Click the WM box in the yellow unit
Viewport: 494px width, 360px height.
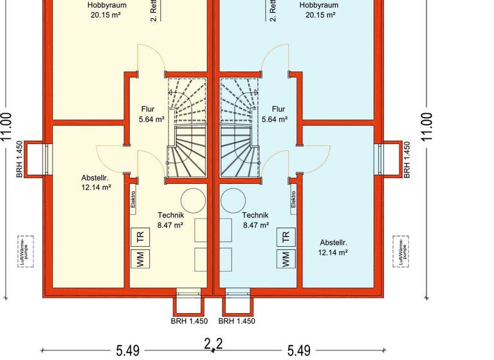[139, 259]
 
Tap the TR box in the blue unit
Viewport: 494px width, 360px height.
[286, 237]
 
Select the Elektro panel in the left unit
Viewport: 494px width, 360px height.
[133, 202]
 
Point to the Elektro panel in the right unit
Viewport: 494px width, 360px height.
[293, 202]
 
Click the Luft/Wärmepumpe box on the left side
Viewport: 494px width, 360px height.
[26, 251]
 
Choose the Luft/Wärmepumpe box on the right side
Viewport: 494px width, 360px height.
[401, 251]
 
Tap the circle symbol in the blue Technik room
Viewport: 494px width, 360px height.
[233, 201]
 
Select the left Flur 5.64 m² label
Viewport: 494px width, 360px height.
[152, 114]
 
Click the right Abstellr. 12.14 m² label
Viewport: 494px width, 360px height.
[333, 248]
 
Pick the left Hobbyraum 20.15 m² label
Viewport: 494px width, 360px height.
[107, 10]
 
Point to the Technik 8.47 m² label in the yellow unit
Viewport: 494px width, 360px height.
[171, 221]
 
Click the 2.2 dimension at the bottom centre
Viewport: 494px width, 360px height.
[214, 344]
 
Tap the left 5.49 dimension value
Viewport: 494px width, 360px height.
[127, 351]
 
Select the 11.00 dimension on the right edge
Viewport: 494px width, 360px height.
[427, 127]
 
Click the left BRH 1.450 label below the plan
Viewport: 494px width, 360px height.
[189, 321]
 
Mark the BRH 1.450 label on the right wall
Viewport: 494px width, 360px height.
[407, 159]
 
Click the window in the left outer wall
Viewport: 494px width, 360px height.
[46, 158]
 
